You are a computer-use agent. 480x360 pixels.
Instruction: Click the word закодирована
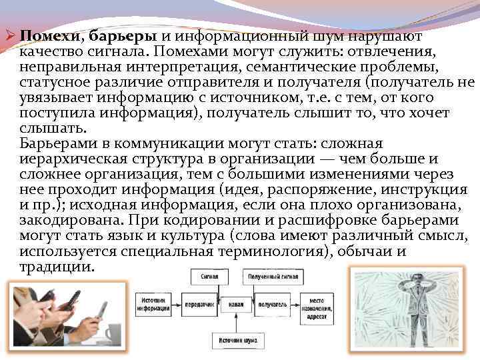tap(65, 220)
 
